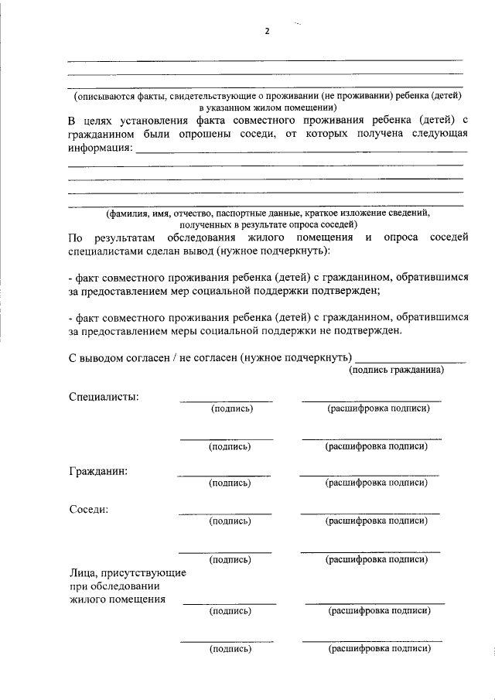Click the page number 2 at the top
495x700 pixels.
click(267, 31)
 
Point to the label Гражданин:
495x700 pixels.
click(98, 470)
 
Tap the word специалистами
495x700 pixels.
click(104, 251)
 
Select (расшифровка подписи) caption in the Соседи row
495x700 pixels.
click(377, 521)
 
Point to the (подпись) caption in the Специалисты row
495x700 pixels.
click(232, 408)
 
